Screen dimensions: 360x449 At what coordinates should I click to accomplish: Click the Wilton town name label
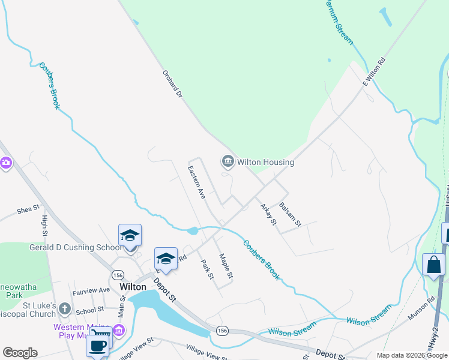[133, 287]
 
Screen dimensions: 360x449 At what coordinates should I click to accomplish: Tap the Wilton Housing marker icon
[228, 161]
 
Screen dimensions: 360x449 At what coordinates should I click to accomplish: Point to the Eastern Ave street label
[197, 182]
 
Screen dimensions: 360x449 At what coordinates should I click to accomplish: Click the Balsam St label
[290, 215]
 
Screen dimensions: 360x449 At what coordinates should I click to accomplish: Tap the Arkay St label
[268, 214]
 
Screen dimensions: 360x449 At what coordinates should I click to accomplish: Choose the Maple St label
[226, 266]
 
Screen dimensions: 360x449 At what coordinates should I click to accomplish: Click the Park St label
[207, 268]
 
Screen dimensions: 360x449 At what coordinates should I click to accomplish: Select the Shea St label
[28, 209]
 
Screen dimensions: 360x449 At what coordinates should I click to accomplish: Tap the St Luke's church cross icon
[65, 309]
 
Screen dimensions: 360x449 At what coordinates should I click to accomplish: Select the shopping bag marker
[433, 264]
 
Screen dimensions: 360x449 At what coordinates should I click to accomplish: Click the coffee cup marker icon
[98, 345]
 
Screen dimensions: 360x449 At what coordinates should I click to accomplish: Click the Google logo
[20, 353]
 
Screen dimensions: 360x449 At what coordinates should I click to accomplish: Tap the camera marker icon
[5, 162]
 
